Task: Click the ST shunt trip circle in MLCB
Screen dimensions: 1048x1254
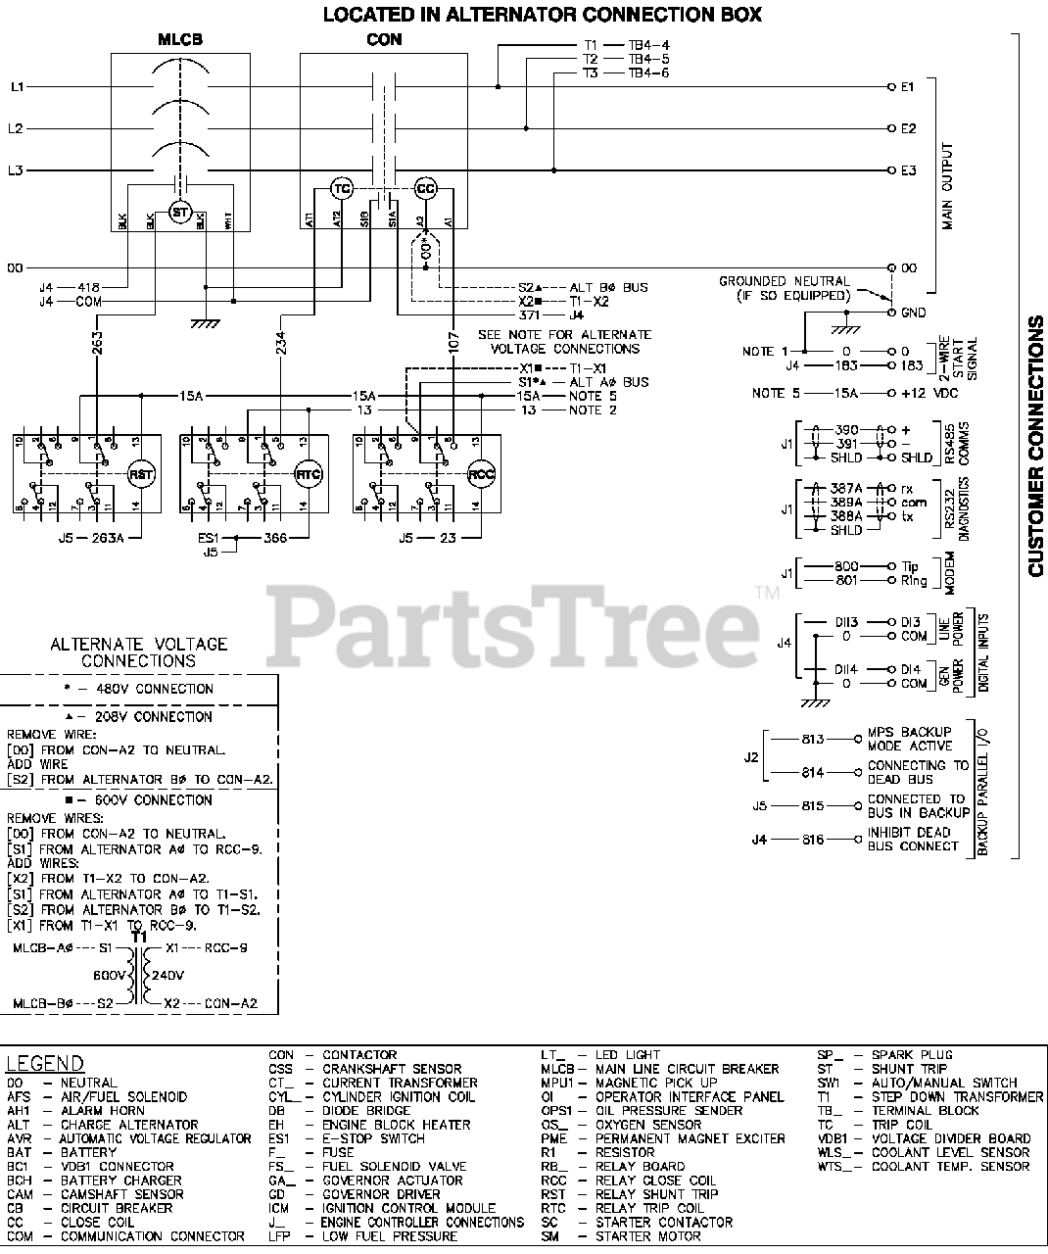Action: [179, 212]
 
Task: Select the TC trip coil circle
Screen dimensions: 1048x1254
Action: [342, 188]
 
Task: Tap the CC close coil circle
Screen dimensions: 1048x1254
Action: [425, 188]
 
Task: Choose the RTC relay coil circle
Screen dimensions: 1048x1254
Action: [310, 474]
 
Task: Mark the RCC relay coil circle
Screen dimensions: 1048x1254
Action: [481, 474]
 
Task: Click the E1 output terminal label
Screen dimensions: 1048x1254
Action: [908, 87]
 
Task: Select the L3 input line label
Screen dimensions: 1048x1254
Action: [16, 170]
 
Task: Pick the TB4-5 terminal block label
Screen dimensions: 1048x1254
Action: [648, 59]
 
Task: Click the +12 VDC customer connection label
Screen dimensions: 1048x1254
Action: [926, 393]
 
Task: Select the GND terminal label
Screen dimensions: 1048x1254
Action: [913, 313]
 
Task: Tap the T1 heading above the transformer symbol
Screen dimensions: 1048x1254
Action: [139, 937]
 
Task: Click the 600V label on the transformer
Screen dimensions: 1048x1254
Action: [110, 976]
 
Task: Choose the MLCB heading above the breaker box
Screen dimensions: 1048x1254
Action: [180, 40]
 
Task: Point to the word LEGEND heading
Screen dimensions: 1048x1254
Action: [46, 1064]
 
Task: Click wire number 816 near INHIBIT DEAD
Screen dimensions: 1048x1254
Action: [813, 840]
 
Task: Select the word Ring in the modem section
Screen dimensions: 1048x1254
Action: [914, 581]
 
